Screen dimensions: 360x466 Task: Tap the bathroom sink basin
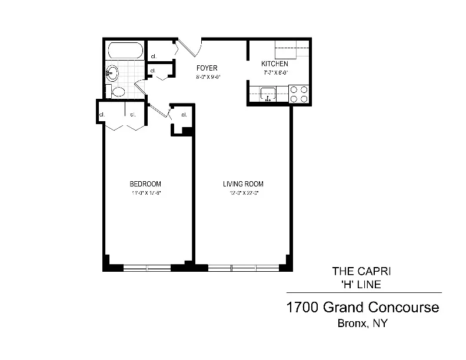pos(113,73)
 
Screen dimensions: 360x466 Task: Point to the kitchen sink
pos(267,94)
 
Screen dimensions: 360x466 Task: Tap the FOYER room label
pos(207,68)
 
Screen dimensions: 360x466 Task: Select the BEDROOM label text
pos(145,184)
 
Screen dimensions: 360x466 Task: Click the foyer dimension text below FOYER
pos(207,76)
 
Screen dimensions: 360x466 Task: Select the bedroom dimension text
pos(145,193)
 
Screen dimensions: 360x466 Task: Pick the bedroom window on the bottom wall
pos(147,267)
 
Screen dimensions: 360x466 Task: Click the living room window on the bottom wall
pos(243,267)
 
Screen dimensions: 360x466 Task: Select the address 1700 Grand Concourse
pos(362,307)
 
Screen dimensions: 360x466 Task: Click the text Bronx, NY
pos(362,323)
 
